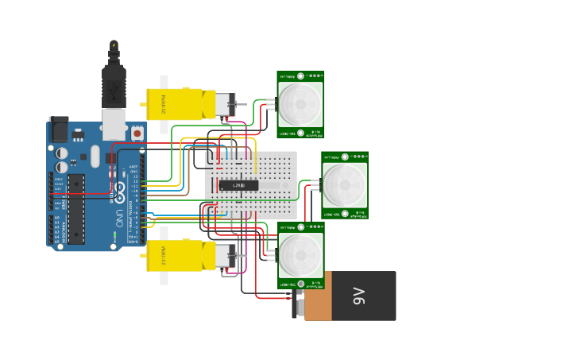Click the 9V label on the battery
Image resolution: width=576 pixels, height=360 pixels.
358,296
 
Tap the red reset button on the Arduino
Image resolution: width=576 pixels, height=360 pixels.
137,134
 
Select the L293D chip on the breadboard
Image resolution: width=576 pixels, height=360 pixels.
239,185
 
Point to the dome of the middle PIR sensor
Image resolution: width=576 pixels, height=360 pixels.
345,183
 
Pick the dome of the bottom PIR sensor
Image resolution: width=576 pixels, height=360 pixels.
300,255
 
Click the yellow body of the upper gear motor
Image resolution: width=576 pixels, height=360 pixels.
175,104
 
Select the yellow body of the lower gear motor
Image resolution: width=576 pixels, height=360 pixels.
175,256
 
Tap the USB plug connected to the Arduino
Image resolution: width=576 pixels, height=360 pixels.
114,87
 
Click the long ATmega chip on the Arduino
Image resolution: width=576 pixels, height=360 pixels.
76,209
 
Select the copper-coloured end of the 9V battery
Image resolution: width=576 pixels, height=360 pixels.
318,296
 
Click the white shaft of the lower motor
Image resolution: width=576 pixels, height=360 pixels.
164,277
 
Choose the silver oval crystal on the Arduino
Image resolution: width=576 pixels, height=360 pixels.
95,156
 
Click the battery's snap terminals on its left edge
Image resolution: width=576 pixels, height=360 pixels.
299,304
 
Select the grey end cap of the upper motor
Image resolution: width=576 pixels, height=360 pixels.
220,104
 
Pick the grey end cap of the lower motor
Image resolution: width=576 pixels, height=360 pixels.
220,256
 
